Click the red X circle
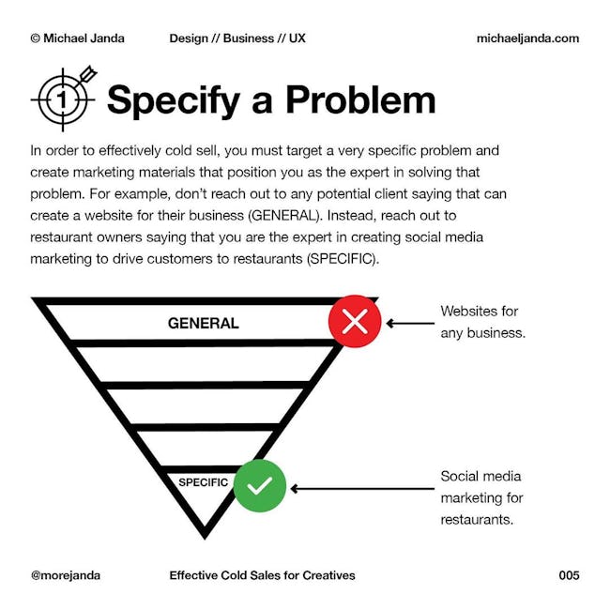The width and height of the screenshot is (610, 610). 355,321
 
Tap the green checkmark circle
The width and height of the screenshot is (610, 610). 260,485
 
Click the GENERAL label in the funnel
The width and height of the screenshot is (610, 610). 203,323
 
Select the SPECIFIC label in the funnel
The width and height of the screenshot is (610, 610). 203,482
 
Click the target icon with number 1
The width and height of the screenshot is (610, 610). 64,99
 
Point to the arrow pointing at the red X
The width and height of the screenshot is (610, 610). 410,323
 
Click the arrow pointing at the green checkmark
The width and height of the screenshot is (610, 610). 362,489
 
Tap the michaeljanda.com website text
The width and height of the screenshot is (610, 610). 527,38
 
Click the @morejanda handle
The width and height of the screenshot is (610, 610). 66,575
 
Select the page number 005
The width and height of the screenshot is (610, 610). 569,575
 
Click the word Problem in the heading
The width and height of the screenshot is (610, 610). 360,100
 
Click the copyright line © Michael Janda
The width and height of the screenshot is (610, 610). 77,38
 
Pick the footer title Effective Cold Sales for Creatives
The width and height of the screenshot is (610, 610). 262,575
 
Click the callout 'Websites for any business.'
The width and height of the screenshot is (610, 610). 482,322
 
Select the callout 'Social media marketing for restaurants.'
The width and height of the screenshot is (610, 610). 481,497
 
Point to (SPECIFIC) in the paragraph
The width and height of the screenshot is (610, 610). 343,259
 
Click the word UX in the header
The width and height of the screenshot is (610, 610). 297,38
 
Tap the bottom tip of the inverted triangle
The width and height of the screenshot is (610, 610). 205,539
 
